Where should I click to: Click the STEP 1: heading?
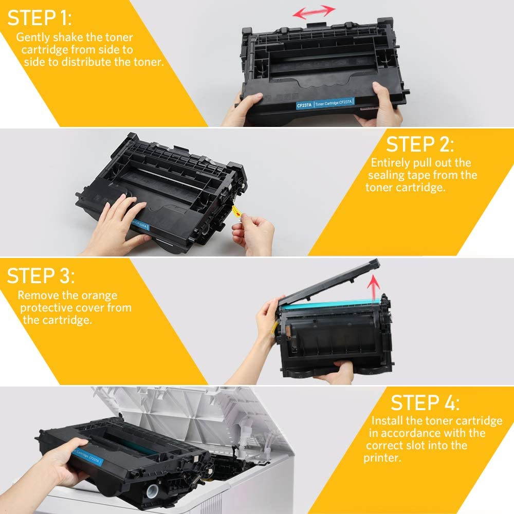click(39, 18)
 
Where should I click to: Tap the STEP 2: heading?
click(420, 144)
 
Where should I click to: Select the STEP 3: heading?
click(41, 276)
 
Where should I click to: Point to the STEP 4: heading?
click(425, 402)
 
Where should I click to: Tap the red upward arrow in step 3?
click(373, 288)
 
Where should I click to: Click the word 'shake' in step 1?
click(68, 37)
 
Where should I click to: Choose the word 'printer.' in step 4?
click(382, 458)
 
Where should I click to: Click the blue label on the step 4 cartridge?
click(87, 456)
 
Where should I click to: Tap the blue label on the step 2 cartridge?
click(140, 225)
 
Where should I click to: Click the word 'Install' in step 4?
click(387, 420)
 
